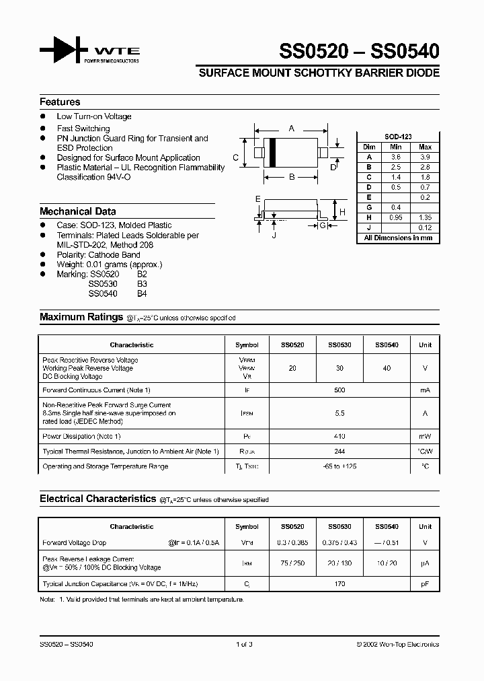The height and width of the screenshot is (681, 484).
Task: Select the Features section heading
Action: click(60, 102)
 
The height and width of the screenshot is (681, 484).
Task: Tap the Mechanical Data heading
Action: click(77, 211)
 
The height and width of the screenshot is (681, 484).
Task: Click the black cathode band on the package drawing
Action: click(273, 153)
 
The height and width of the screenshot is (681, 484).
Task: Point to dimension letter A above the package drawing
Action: click(291, 128)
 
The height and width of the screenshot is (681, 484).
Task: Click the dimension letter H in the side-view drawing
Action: click(343, 212)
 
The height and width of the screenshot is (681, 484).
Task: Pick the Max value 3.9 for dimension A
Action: click(425, 156)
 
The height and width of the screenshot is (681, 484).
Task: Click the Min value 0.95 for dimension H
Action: click(396, 217)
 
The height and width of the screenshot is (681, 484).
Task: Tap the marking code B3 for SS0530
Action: click(141, 284)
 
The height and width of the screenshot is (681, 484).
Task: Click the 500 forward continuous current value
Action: click(339, 390)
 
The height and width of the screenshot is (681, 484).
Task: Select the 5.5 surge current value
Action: click(339, 414)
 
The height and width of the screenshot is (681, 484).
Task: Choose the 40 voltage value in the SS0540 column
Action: click(387, 368)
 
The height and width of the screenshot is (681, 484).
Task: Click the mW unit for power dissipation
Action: click(425, 436)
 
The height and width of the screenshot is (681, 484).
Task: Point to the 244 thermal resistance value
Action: click(339, 451)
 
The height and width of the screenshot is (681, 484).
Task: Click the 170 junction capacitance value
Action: click(339, 583)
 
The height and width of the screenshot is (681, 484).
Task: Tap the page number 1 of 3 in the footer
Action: click(244, 644)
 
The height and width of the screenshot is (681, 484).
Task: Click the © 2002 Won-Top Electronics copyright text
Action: click(397, 644)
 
